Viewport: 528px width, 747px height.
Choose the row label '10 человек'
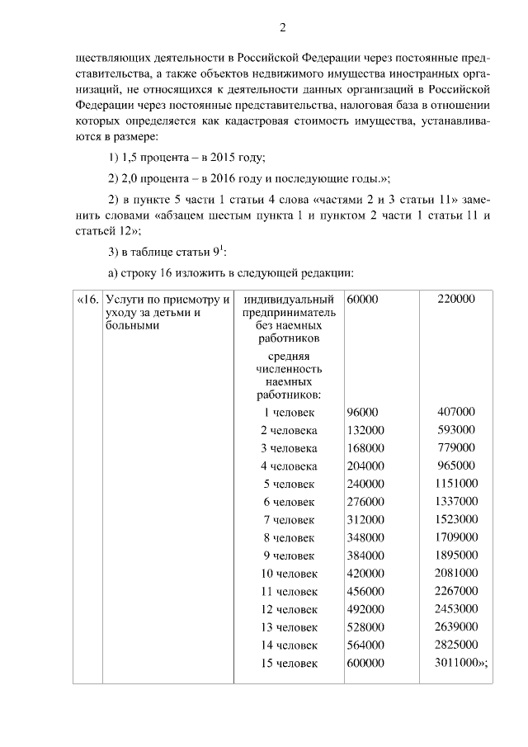(x=289, y=574)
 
